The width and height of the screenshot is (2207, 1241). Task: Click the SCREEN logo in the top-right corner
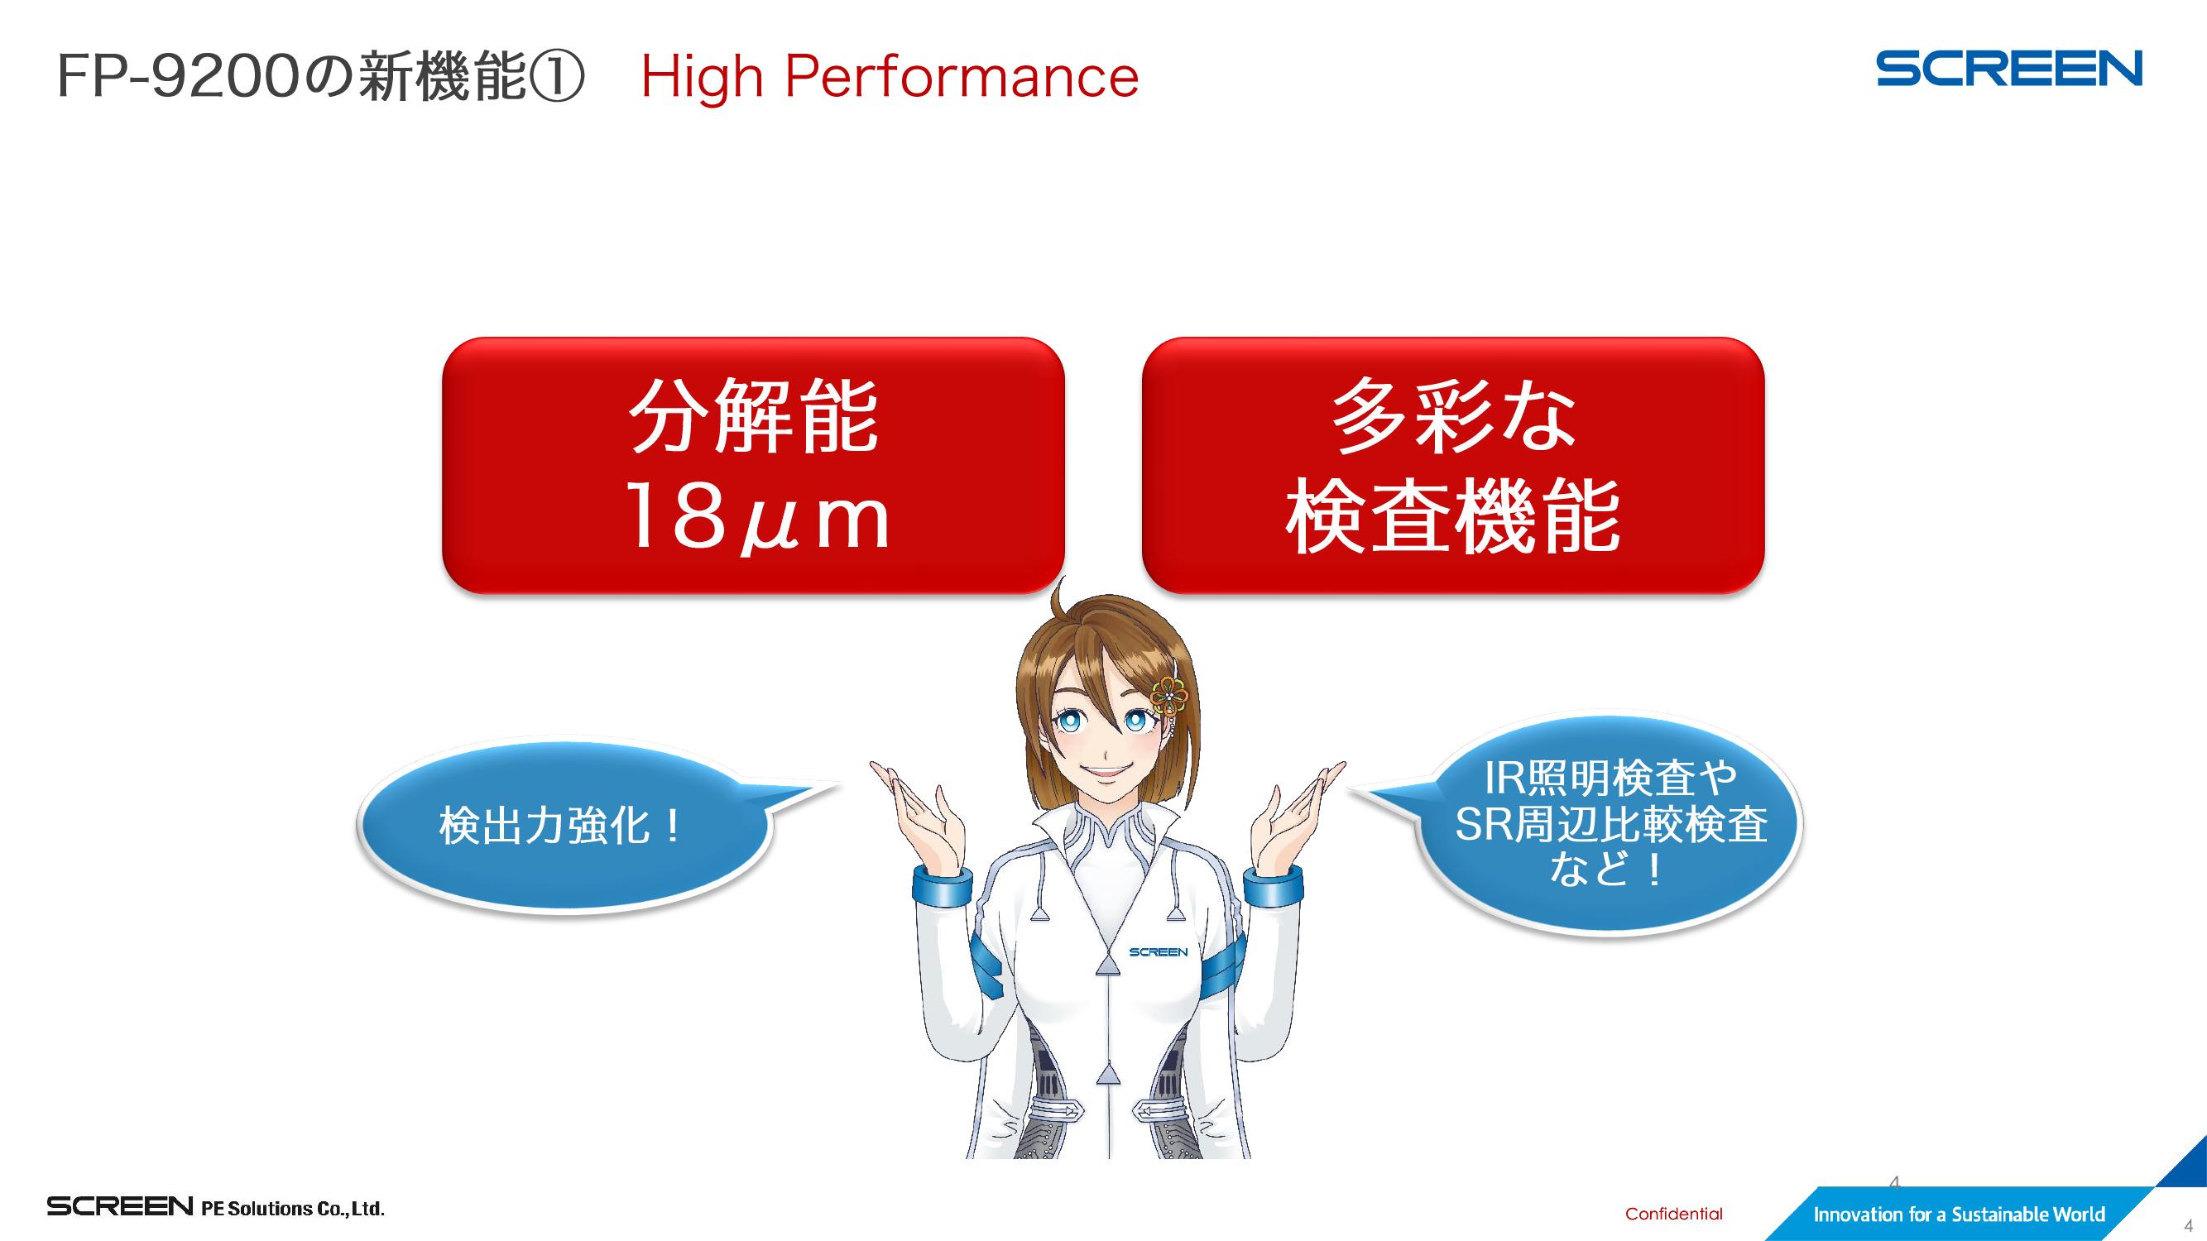tap(2009, 69)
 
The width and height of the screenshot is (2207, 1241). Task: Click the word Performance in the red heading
tap(962, 77)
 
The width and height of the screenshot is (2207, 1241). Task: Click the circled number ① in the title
tap(557, 76)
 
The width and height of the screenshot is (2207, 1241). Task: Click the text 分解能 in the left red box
tap(754, 416)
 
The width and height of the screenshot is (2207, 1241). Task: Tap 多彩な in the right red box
tap(1453, 416)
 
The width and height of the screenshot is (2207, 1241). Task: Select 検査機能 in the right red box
tap(1453, 516)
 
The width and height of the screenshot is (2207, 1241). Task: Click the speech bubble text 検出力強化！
tap(561, 826)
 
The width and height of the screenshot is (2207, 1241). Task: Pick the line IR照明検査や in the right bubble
tap(1610, 779)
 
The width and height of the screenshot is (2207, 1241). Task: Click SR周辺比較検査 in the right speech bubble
tap(1610, 824)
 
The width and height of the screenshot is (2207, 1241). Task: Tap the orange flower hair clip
tap(1168, 696)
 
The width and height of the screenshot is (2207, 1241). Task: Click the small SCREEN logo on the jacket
tap(1159, 952)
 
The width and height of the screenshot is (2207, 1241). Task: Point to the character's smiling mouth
tap(1106, 770)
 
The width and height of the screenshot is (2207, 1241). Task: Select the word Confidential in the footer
tap(1673, 1214)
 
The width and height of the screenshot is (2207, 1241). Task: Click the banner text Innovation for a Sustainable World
tap(1959, 1215)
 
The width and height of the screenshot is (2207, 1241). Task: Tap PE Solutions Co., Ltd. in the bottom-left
tap(293, 1209)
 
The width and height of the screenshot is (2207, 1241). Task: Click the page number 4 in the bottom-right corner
tap(2188, 1225)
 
